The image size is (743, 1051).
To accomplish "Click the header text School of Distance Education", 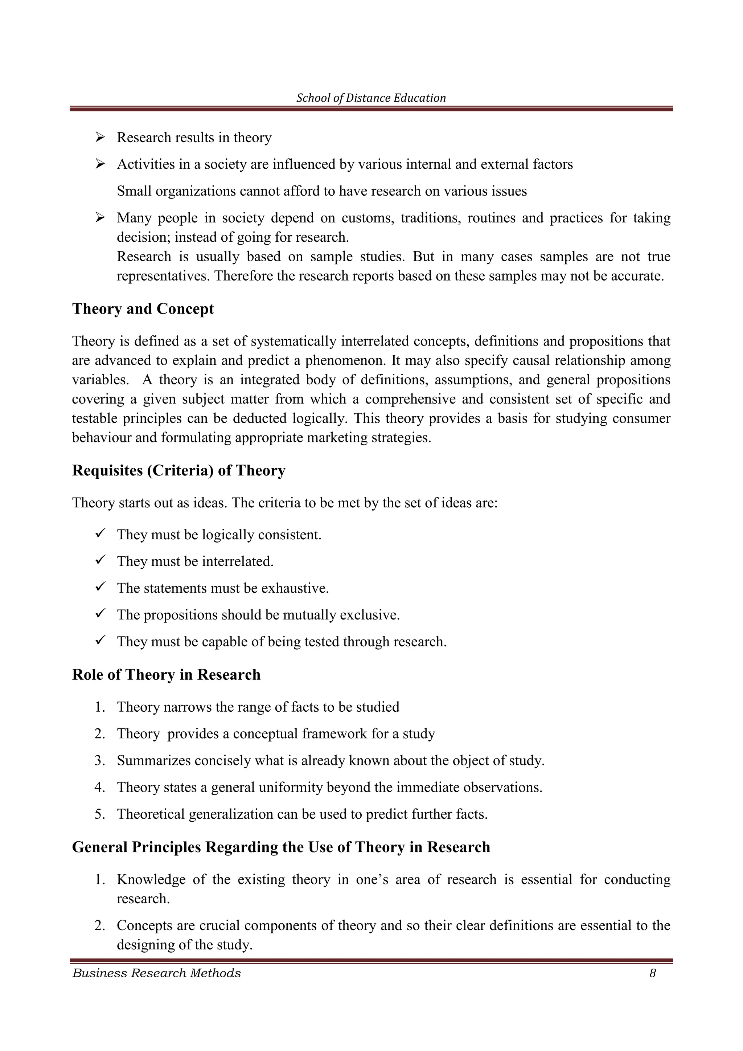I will (x=371, y=98).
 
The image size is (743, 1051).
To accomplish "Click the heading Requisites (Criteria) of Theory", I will (x=178, y=471).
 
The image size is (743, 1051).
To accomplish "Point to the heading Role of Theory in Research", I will (x=166, y=675).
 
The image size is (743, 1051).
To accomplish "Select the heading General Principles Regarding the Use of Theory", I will (x=281, y=847).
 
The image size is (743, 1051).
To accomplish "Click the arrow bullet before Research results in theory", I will (x=100, y=137).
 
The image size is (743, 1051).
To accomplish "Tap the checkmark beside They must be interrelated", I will (x=100, y=560).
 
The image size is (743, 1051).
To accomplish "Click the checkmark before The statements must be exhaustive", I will (x=100, y=586).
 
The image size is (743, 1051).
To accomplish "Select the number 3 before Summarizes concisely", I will (x=99, y=761).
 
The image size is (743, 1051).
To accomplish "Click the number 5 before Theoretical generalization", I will (x=99, y=814).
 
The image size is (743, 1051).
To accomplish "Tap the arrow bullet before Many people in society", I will (x=100, y=217).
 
